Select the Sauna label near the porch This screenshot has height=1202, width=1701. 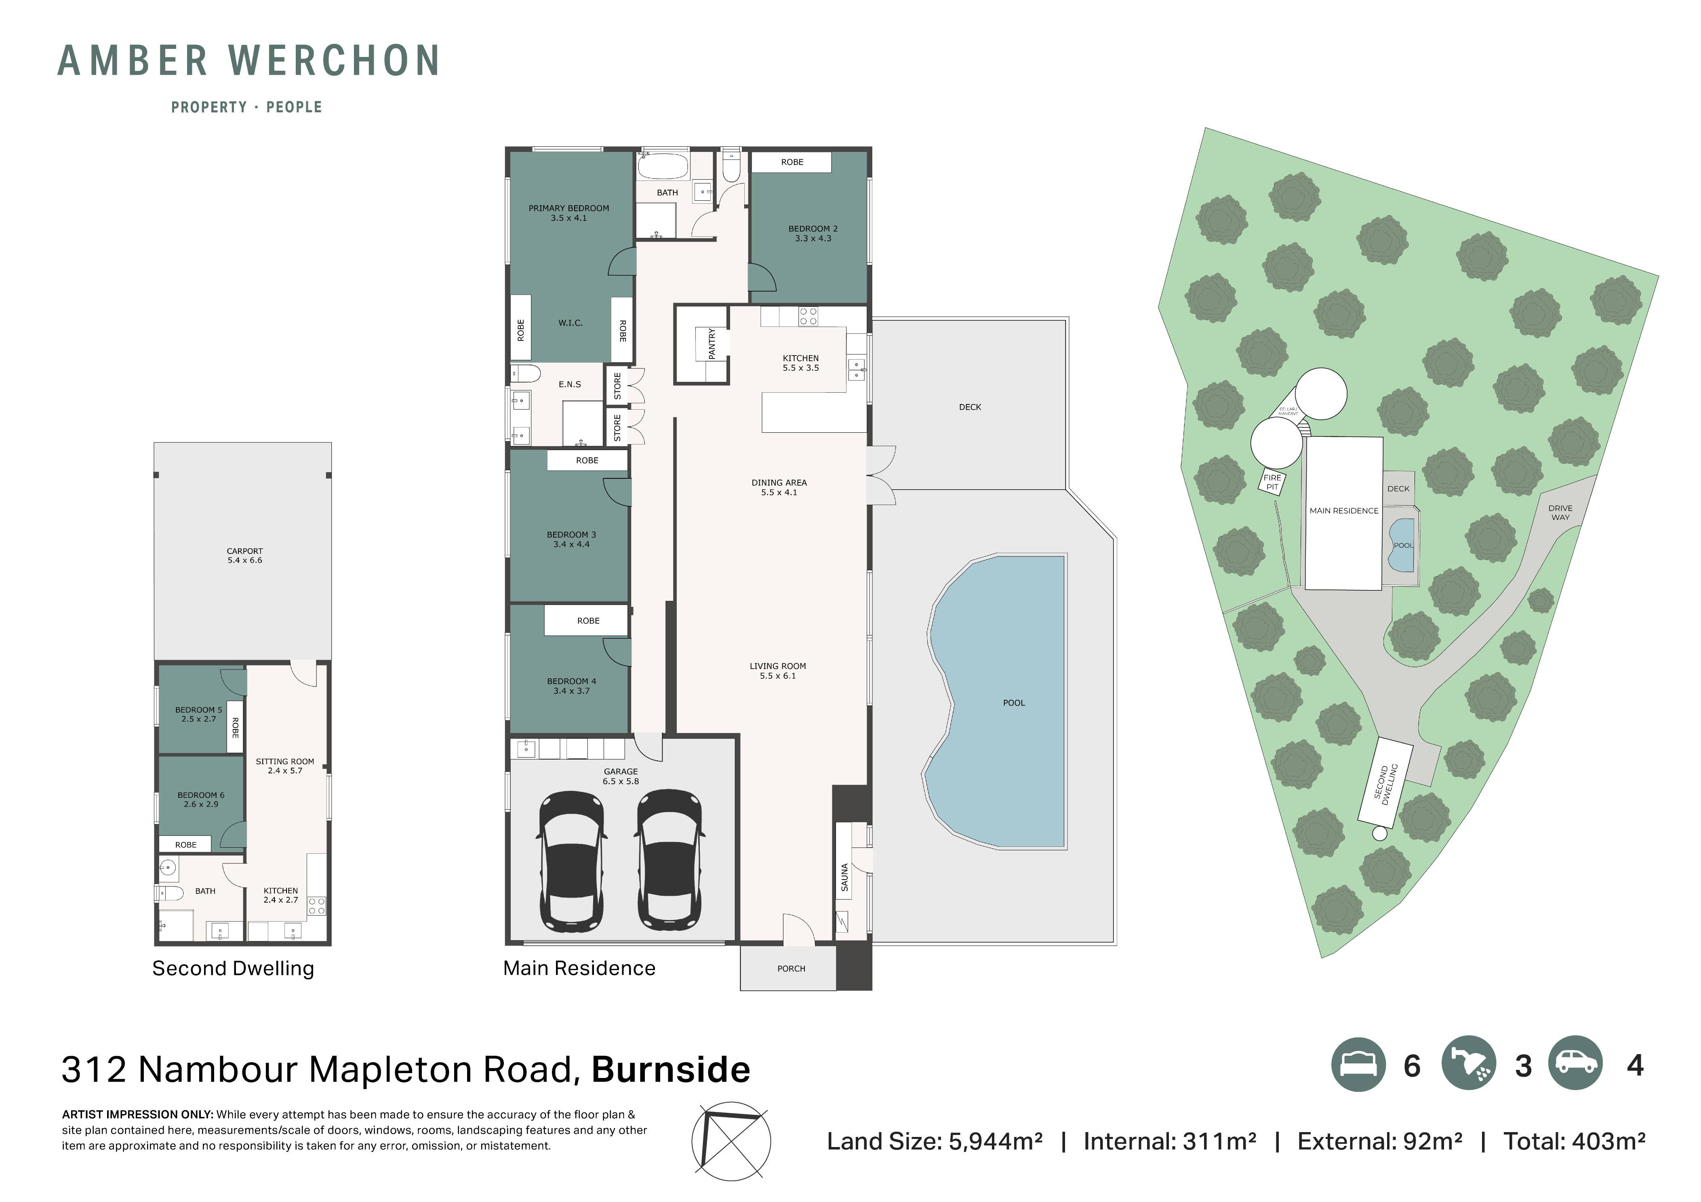click(x=844, y=878)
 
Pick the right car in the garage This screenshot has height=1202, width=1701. click(x=669, y=860)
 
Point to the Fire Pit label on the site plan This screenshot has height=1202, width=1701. click(x=1272, y=482)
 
